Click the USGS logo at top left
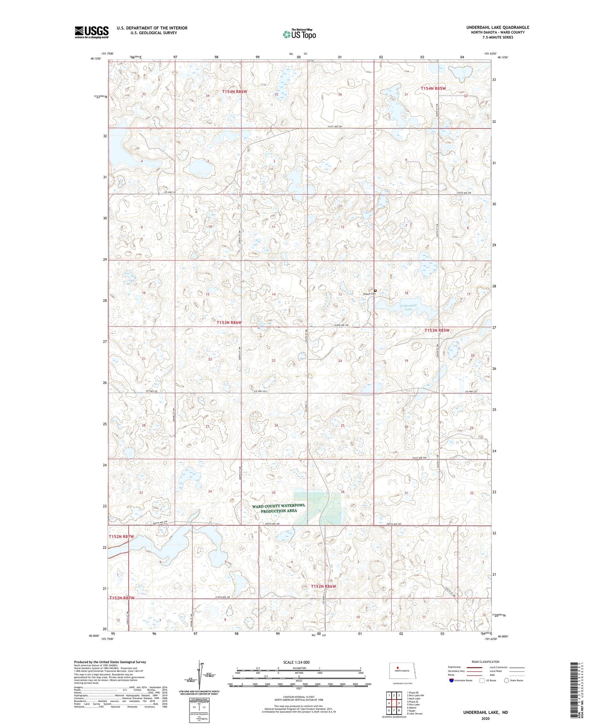[x=92, y=32]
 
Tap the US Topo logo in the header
[x=299, y=34]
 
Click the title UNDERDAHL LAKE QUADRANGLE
[x=497, y=27]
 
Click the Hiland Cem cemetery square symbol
[x=375, y=291]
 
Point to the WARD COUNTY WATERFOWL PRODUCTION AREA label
[x=278, y=508]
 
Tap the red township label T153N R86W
[x=229, y=322]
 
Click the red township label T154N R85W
[x=433, y=89]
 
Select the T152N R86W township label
[x=323, y=586]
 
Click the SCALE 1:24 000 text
[x=296, y=662]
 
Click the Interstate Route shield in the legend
[x=452, y=680]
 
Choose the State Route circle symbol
[x=507, y=680]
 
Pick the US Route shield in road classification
[x=483, y=680]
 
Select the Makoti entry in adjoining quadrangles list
[x=413, y=707]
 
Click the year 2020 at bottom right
[x=485, y=718]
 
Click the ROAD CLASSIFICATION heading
[x=485, y=662]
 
